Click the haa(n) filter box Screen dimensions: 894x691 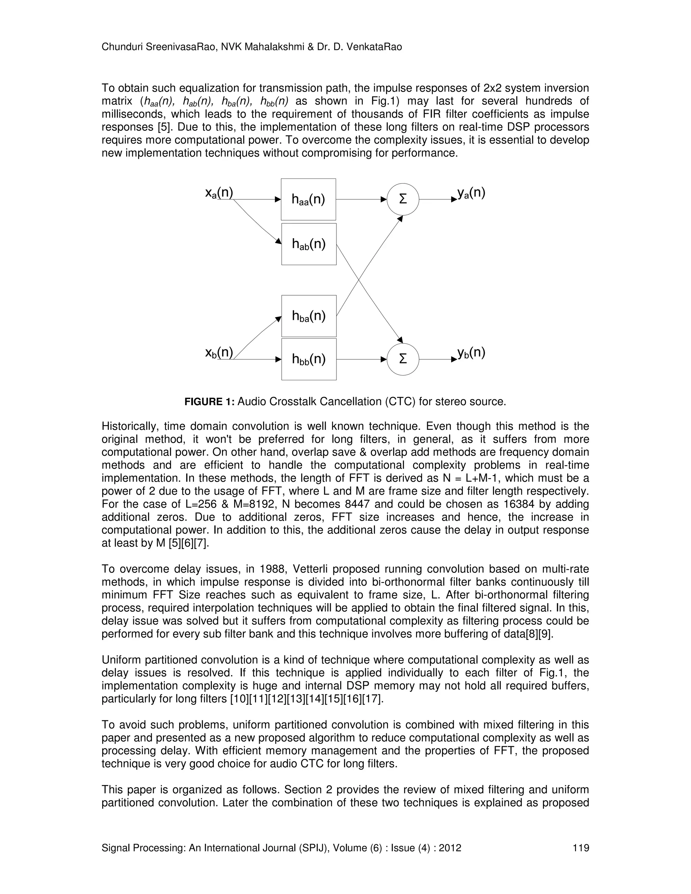tap(308, 199)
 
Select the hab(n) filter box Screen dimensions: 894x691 tap(309, 244)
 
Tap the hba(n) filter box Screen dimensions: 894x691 tap(309, 316)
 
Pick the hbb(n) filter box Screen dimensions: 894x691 tap(309, 359)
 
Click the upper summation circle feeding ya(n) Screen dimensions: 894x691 tap(403, 199)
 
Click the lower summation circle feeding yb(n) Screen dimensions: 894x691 tap(403, 359)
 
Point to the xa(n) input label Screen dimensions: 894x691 tap(219, 192)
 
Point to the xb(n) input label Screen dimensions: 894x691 tap(219, 352)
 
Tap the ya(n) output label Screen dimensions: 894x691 tap(471, 192)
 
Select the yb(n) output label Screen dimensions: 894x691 tap(471, 352)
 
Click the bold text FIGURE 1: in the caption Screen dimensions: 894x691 tap(209, 401)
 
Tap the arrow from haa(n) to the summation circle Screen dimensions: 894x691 tap(360, 199)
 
